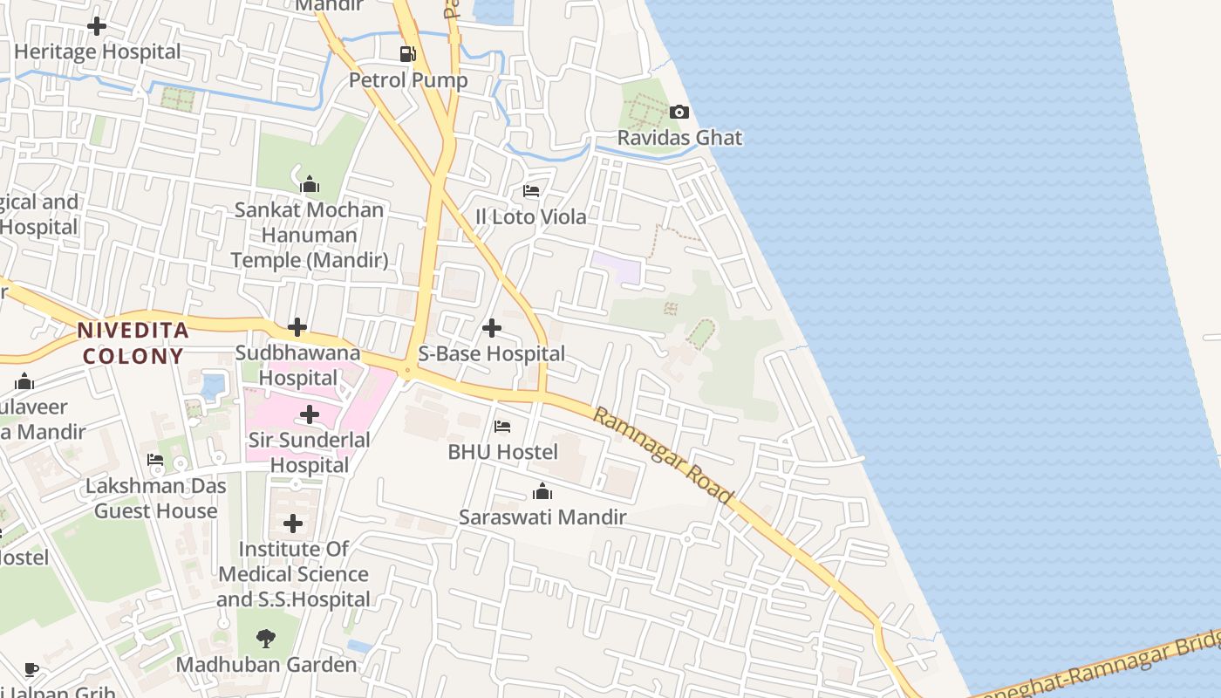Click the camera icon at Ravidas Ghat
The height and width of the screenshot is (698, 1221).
[679, 112]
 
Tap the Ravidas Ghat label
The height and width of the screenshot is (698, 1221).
[679, 138]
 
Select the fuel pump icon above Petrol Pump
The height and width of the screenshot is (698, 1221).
[407, 54]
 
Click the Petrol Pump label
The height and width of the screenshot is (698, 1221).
[408, 80]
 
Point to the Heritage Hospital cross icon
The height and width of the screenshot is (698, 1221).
[97, 26]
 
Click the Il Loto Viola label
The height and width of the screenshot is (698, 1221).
[530, 217]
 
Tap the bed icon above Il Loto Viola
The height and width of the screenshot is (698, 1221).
[530, 191]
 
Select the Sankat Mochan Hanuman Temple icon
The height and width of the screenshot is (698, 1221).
[309, 184]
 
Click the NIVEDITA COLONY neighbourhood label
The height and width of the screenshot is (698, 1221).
[133, 343]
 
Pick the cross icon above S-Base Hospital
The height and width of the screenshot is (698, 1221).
[492, 328]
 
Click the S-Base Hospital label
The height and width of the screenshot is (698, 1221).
[492, 354]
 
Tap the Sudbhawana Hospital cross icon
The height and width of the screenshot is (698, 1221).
[297, 328]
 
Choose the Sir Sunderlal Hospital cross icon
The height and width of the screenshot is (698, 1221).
[310, 414]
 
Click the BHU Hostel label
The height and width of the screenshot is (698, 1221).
[502, 452]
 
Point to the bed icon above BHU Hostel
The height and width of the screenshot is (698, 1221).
[502, 427]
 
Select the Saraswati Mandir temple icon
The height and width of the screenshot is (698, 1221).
[542, 492]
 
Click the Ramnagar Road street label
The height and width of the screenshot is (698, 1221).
[663, 455]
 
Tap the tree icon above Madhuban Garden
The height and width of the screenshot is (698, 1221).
[266, 639]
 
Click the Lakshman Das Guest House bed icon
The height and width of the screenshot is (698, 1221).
[155, 460]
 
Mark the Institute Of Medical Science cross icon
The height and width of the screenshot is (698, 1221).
[293, 523]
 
